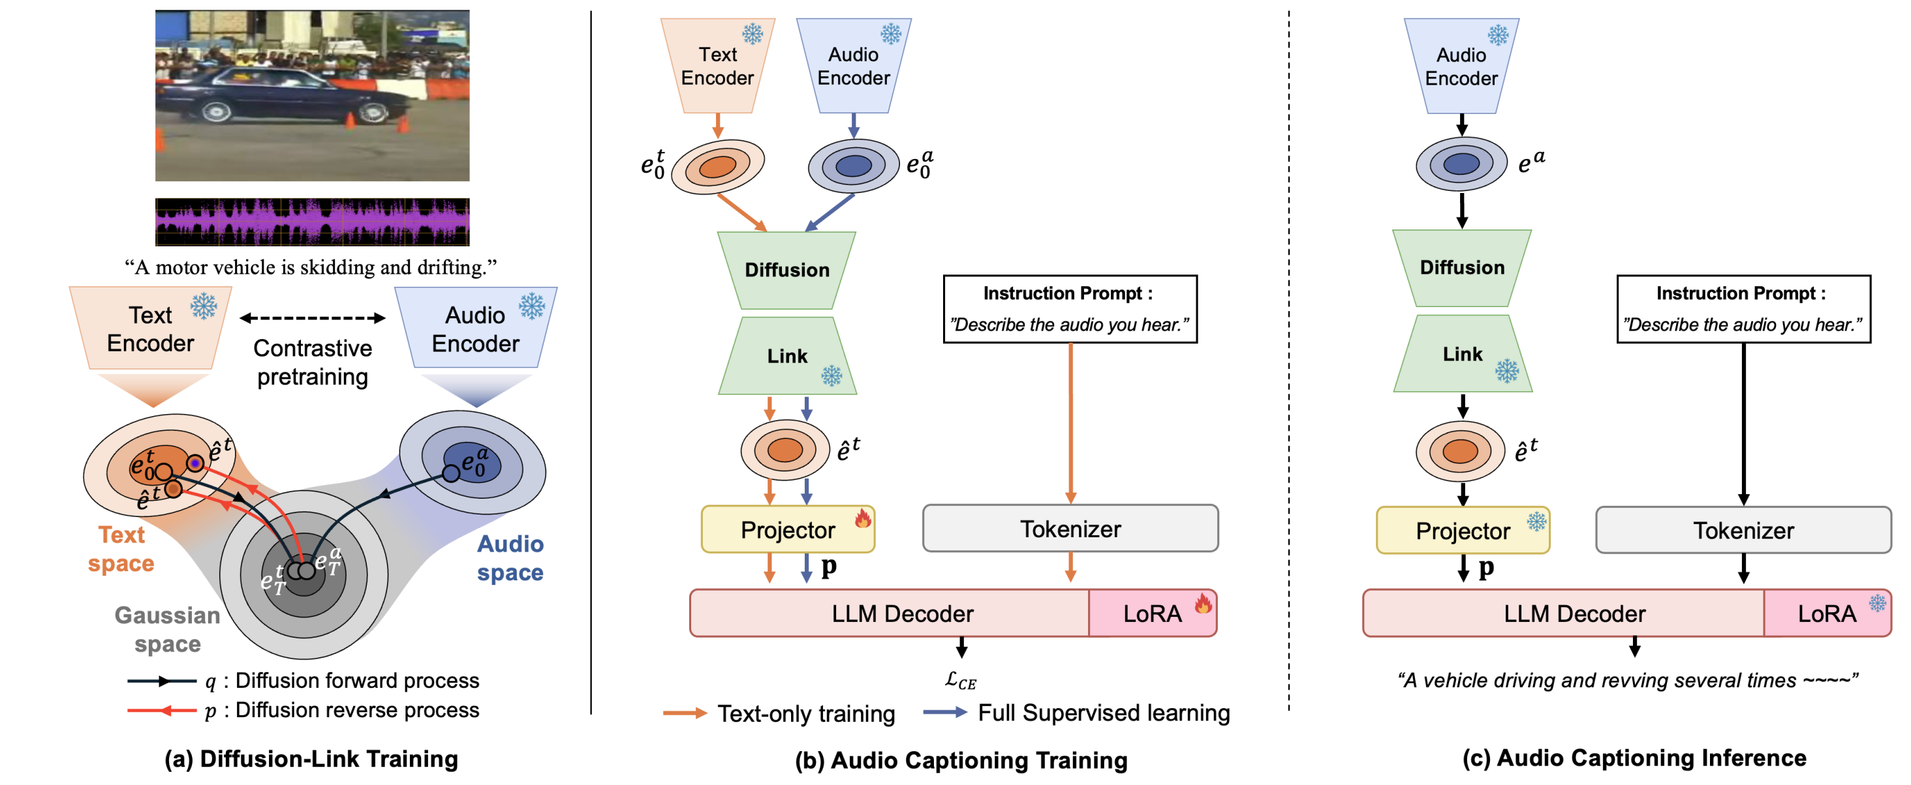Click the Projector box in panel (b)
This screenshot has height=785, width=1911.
[x=787, y=529]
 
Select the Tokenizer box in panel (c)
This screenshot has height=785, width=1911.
[x=1743, y=530]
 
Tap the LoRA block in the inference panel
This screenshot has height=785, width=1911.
[x=1826, y=613]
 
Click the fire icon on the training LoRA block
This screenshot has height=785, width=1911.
[x=1203, y=602]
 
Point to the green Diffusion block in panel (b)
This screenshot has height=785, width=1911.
[x=786, y=270]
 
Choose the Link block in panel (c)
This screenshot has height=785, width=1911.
[x=1462, y=354]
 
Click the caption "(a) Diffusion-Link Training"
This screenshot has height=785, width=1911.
[x=311, y=758]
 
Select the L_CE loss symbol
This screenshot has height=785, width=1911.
[x=961, y=681]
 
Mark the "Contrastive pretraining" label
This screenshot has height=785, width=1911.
[x=313, y=363]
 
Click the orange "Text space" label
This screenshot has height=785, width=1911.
[x=121, y=548]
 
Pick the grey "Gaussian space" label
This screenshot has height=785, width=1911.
[x=168, y=629]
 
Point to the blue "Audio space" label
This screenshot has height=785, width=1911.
[x=510, y=557]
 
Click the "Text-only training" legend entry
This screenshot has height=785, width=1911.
[x=805, y=713]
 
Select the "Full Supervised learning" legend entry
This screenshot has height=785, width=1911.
[x=1103, y=713]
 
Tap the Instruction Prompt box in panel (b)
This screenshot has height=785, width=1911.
[x=1070, y=309]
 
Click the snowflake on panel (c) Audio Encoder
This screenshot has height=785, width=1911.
[x=1498, y=35]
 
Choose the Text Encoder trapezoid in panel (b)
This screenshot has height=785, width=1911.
[x=717, y=66]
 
